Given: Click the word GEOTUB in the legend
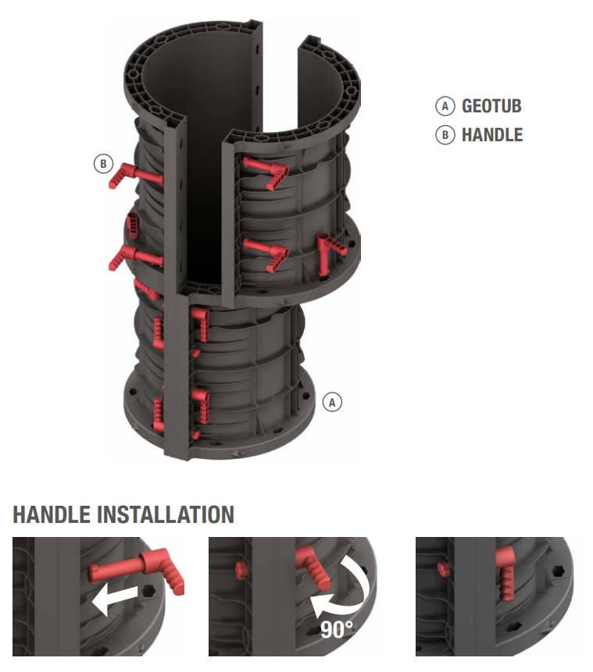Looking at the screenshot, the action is tap(491, 106).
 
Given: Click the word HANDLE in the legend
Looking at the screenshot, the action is tap(492, 135).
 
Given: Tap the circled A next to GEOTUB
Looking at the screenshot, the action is tap(445, 106).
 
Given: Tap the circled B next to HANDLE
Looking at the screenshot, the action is tap(445, 135).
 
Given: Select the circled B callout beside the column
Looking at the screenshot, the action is tap(103, 164).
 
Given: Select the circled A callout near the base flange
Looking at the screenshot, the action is tap(332, 403).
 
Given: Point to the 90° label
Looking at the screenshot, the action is tap(337, 630).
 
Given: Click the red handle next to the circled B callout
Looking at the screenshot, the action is tap(134, 174).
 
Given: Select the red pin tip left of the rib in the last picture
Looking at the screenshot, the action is tap(443, 568).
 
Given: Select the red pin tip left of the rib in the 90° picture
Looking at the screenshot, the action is tap(241, 570).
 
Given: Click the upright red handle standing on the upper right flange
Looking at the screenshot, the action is tap(330, 252).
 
